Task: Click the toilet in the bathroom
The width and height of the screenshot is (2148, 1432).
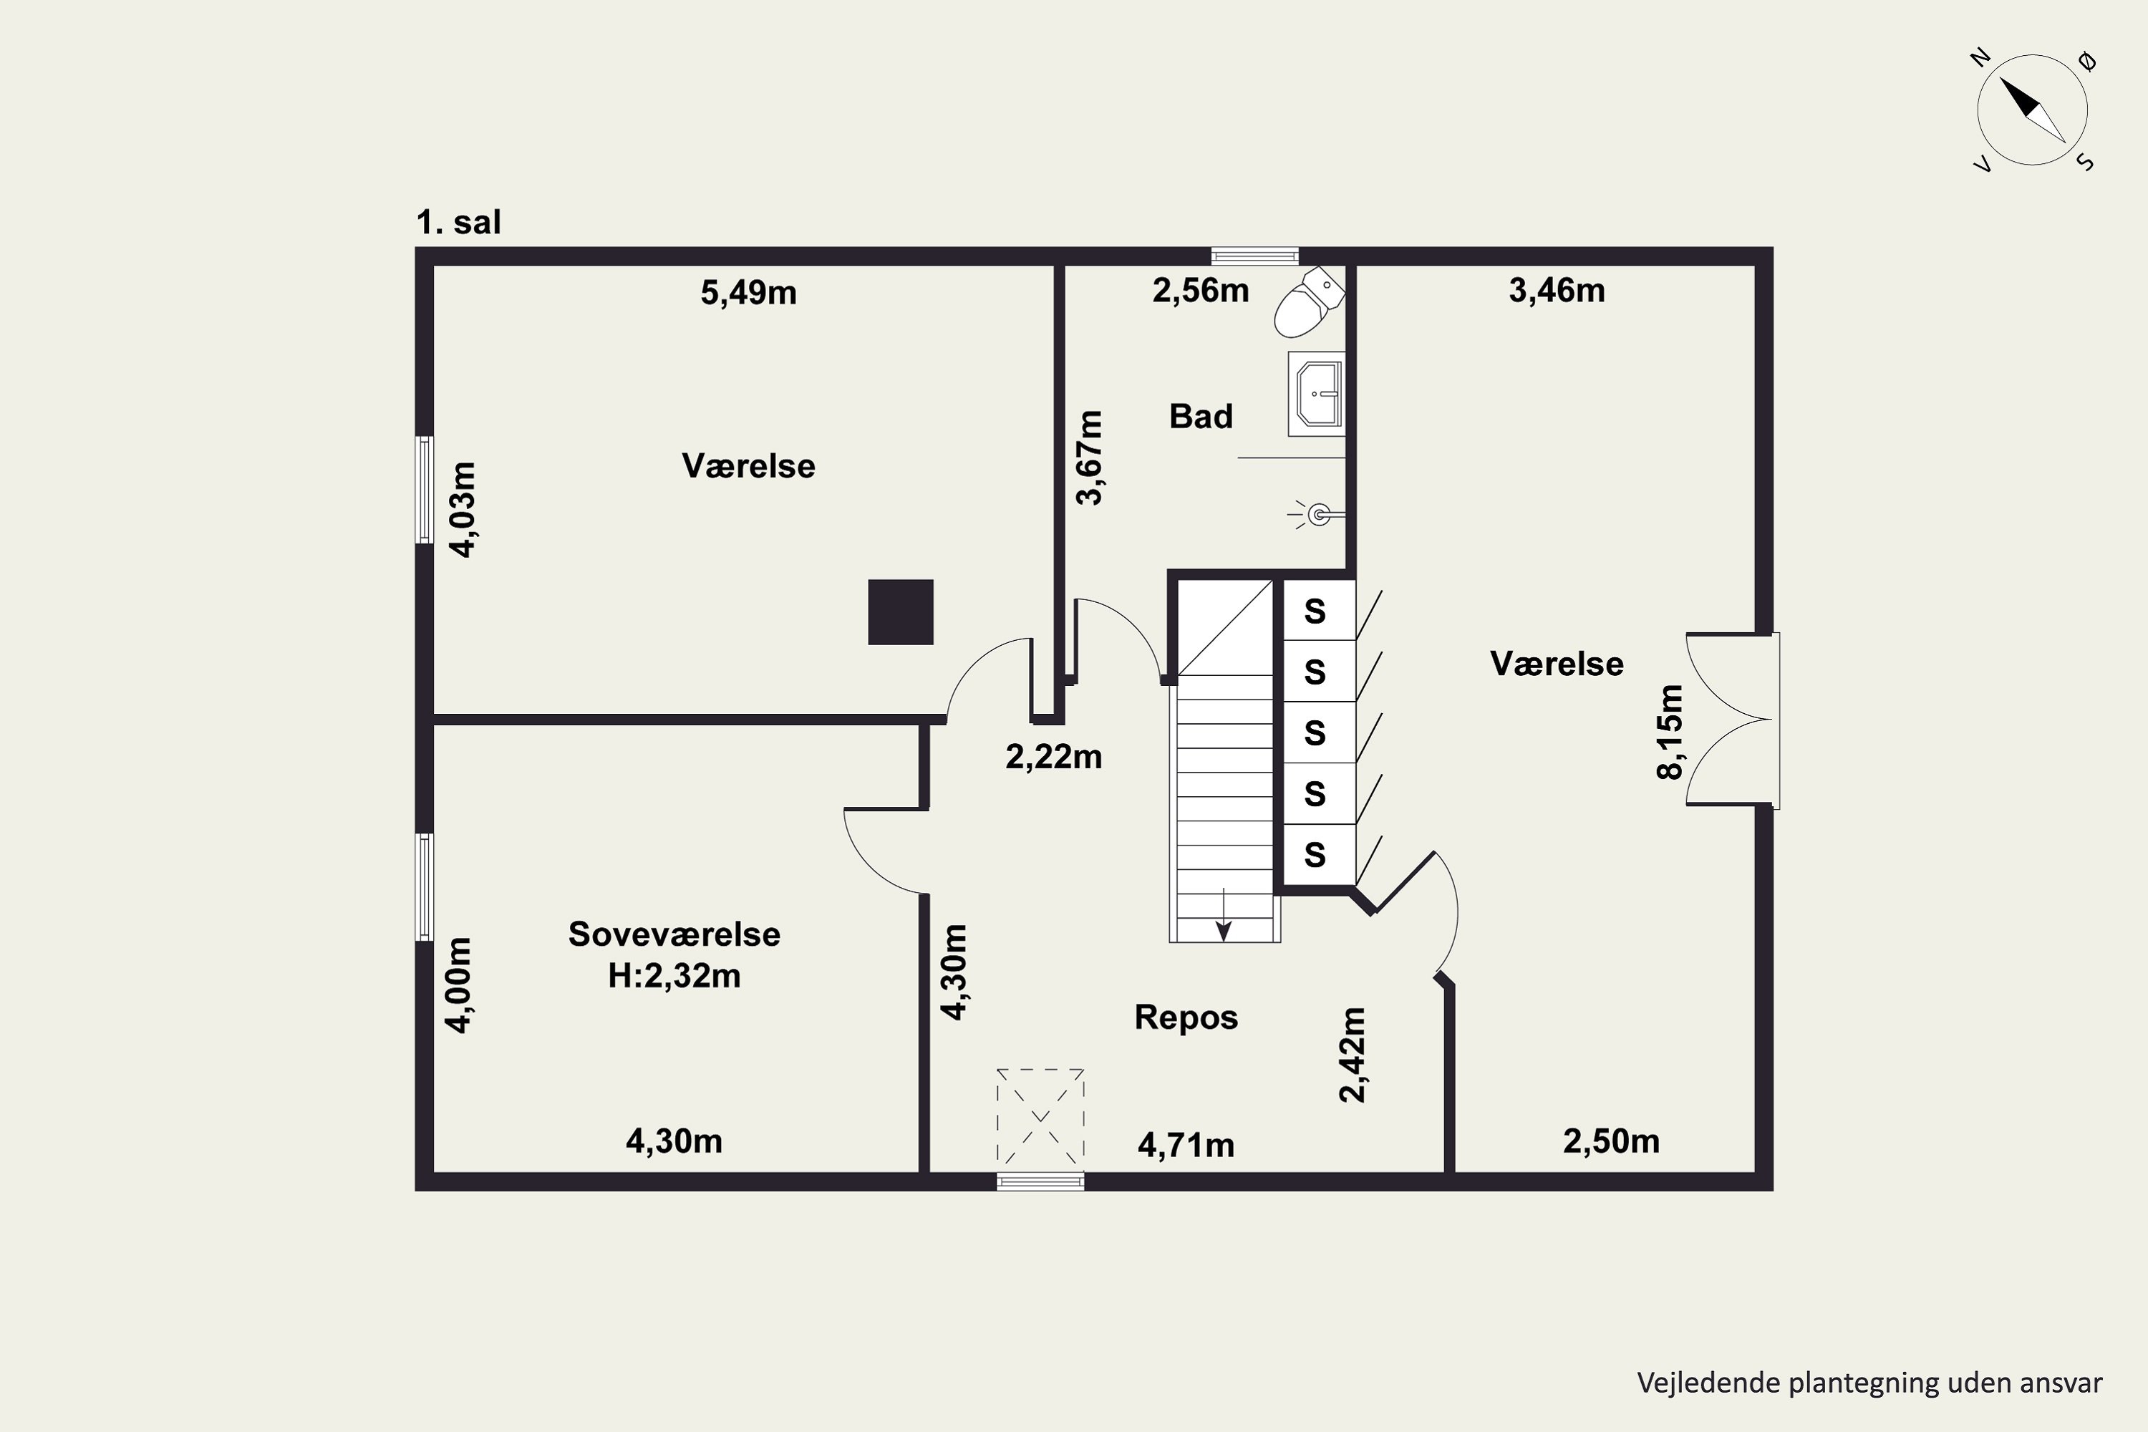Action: pos(1309,302)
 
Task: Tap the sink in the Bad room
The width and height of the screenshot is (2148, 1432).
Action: pos(1317,394)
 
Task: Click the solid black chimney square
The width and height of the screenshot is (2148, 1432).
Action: pos(901,612)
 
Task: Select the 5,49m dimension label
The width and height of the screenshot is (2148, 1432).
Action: pos(748,292)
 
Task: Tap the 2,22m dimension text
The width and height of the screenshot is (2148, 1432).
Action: pos(1053,756)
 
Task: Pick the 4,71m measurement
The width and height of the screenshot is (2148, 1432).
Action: pos(1186,1144)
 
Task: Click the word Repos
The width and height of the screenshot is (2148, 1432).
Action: pos(1186,1017)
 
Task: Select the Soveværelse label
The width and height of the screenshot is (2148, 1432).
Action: pos(674,934)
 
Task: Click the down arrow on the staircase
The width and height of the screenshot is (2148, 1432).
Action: pos(1224,914)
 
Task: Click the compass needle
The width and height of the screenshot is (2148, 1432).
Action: pos(2032,110)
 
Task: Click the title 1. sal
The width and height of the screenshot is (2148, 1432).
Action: pos(458,222)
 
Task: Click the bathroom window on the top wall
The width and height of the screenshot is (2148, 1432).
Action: pos(1255,256)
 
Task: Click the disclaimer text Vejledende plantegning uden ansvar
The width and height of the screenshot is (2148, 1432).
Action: pos(1869,1383)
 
